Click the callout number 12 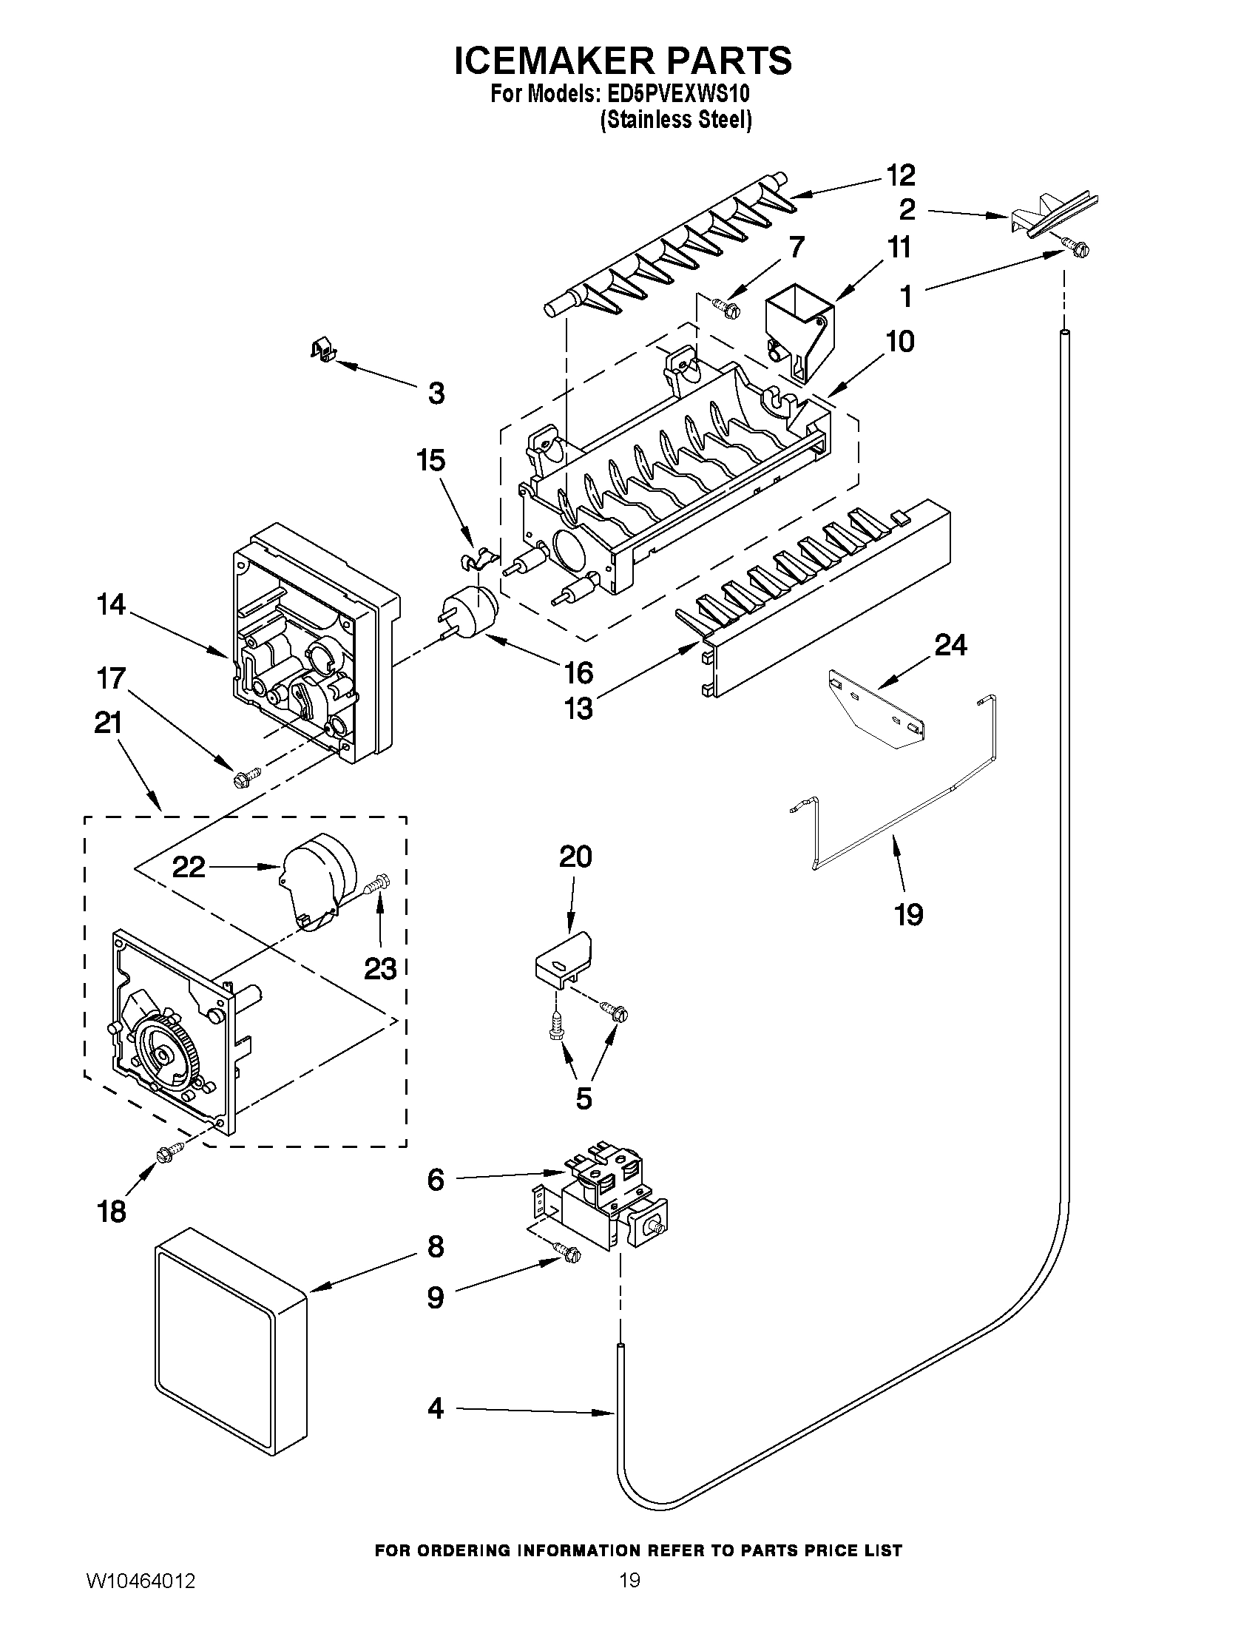900,175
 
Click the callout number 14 111,604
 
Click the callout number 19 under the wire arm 908,914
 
